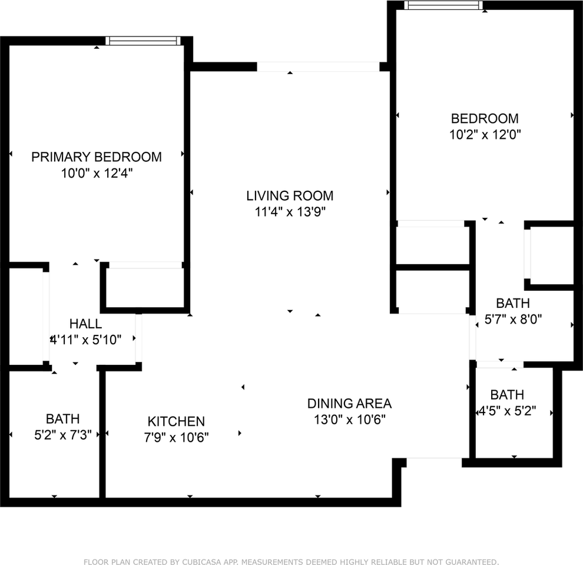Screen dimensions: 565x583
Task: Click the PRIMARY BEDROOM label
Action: point(96,157)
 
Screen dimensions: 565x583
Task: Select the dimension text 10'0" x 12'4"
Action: point(96,174)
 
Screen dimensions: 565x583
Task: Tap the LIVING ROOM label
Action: point(290,195)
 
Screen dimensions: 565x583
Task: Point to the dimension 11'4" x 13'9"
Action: point(290,212)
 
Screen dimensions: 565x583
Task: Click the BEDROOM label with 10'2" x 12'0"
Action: point(485,118)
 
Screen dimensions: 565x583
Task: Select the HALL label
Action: point(85,324)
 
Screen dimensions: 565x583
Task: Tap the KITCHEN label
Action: point(176,421)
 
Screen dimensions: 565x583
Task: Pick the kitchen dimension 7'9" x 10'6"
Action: point(176,437)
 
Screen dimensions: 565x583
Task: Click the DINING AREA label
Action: point(349,404)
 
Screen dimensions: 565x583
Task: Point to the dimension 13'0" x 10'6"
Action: point(349,420)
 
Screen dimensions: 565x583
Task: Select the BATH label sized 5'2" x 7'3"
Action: point(63,419)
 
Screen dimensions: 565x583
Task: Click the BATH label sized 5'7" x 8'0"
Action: point(512,304)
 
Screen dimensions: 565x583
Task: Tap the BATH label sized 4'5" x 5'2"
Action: point(507,395)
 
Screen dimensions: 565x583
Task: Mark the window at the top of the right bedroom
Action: point(443,5)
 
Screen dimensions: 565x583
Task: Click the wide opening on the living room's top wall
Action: point(319,67)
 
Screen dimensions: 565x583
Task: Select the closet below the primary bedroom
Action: point(145,287)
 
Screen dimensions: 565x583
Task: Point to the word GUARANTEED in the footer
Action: point(472,561)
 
